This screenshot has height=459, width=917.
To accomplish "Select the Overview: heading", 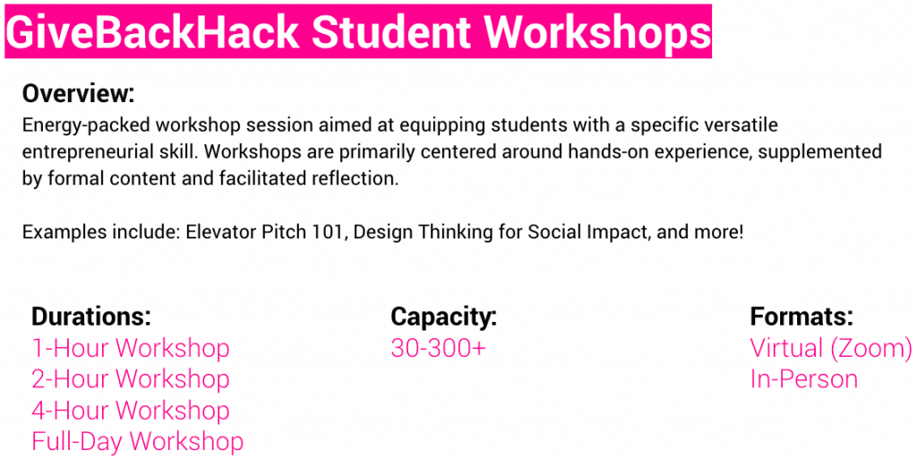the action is tap(79, 93).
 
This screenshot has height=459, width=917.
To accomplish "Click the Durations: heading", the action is tap(91, 316).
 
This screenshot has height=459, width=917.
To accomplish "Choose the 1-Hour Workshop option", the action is tap(131, 348).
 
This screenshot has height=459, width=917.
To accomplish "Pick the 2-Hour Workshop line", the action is tap(131, 379).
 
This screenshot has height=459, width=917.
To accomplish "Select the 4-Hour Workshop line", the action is tap(131, 411).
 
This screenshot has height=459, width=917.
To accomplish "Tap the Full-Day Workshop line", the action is tap(137, 441).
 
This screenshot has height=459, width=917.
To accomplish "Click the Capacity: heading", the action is tap(444, 316).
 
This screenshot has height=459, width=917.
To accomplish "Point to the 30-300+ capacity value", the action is tap(439, 348).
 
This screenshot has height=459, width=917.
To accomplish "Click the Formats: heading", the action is tap(801, 316).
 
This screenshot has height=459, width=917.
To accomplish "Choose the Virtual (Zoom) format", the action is tap(831, 349).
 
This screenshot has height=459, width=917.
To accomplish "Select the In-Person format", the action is tap(804, 379).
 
